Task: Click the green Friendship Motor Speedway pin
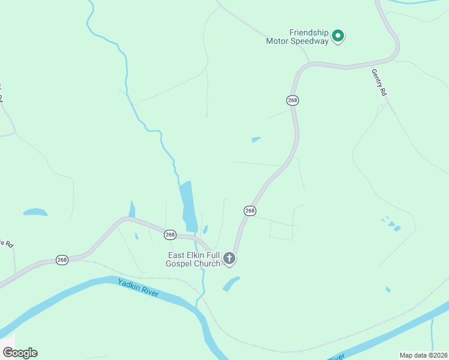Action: click(338, 37)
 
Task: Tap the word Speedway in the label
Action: click(310, 41)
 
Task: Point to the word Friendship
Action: click(309, 32)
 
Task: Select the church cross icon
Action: click(229, 259)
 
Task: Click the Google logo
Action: click(20, 353)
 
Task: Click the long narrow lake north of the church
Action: click(188, 205)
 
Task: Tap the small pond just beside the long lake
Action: click(205, 229)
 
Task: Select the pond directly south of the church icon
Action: click(231, 283)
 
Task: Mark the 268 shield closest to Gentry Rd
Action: click(292, 100)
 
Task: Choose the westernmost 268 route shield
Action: click(62, 260)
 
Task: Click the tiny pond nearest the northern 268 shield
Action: click(256, 140)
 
